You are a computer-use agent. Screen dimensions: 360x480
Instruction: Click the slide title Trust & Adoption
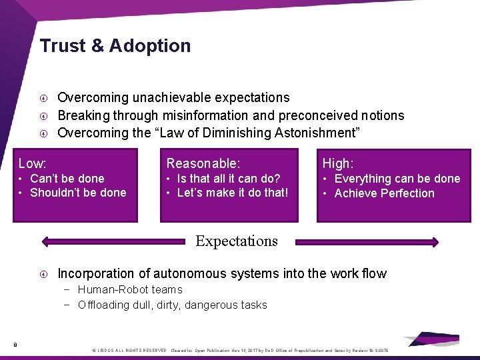pos(115,46)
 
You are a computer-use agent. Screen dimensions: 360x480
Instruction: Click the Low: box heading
pos(32,163)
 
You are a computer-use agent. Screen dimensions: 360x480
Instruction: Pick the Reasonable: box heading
pos(203,163)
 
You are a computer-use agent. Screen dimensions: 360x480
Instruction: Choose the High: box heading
pos(338,163)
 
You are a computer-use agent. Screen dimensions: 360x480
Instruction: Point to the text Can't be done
pos(67,179)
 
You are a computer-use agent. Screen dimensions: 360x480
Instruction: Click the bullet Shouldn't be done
pos(78,193)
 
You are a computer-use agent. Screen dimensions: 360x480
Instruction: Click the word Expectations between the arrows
pos(237,241)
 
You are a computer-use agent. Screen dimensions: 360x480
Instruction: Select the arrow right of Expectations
pos(367,242)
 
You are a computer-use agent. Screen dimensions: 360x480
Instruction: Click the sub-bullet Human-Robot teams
pos(130,289)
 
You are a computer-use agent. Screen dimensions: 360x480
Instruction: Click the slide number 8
pos(15,344)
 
